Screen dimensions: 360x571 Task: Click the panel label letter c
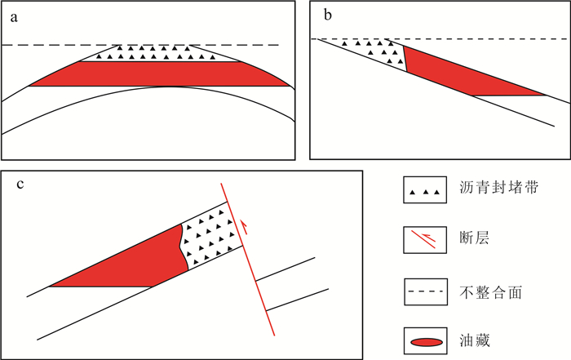click(20, 183)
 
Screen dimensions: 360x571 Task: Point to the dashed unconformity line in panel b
click(489, 38)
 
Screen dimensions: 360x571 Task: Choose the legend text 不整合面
click(485, 291)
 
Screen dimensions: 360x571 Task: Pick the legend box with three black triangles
click(427, 190)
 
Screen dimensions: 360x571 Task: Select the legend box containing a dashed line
click(427, 291)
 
